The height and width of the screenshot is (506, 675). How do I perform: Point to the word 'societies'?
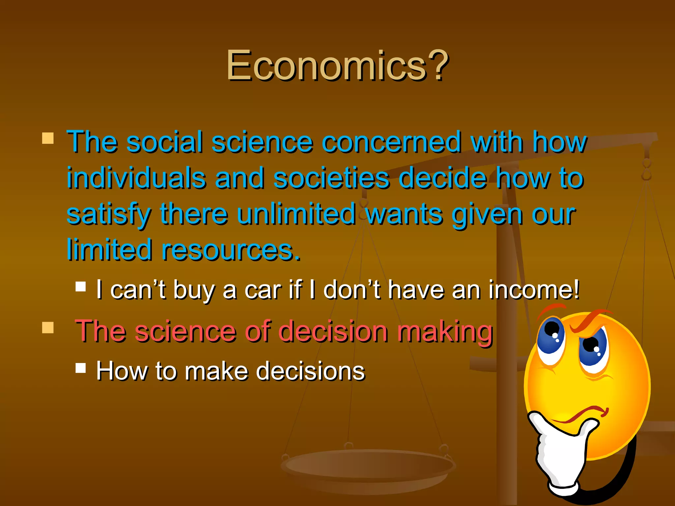pyautogui.click(x=331, y=178)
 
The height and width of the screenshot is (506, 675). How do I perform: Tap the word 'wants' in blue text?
pyautogui.click(x=404, y=214)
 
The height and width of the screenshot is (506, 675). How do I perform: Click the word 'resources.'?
pyautogui.click(x=231, y=250)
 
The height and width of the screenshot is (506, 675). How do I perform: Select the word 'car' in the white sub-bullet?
pyautogui.click(x=263, y=290)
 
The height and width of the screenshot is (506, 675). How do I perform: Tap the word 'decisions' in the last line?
pyautogui.click(x=310, y=371)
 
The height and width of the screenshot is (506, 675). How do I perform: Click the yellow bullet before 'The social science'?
pyautogui.click(x=48, y=139)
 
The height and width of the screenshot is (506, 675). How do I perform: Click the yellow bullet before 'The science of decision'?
pyautogui.click(x=48, y=328)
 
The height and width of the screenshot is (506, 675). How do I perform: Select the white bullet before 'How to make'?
pyautogui.click(x=80, y=367)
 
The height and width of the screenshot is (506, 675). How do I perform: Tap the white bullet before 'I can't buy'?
pyautogui.click(x=80, y=286)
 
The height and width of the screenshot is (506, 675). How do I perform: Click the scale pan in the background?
pyautogui.click(x=367, y=466)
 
